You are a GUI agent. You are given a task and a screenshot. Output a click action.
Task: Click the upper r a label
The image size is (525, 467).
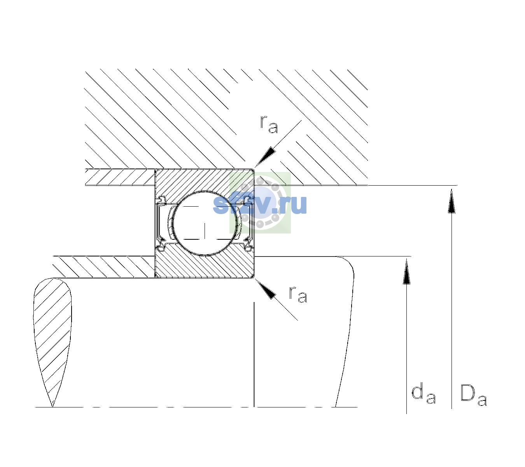(x=269, y=124)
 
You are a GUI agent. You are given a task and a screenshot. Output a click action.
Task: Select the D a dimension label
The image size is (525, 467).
(x=473, y=395)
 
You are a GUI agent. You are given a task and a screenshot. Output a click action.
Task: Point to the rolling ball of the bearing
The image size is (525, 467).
(x=205, y=223)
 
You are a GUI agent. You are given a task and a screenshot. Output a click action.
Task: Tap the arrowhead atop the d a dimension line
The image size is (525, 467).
(x=406, y=271)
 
